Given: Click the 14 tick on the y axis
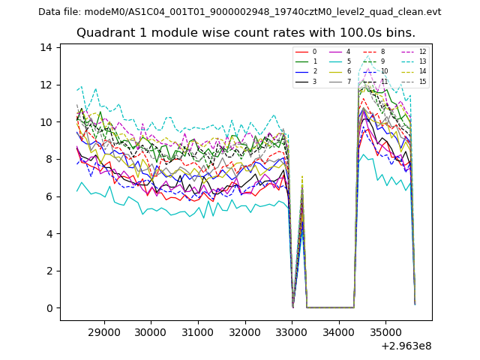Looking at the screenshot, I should [x=46, y=47].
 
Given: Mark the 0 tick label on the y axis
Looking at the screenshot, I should [x=49, y=308].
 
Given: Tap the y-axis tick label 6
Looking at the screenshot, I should [x=49, y=196].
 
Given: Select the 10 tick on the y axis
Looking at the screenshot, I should [x=46, y=122].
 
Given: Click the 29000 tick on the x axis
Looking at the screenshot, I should [x=103, y=331].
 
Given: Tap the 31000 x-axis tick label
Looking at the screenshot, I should [x=197, y=331].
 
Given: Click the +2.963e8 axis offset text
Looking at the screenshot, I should [x=406, y=346].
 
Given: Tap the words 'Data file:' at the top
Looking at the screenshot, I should [x=61, y=12].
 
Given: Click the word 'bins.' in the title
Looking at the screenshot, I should [x=400, y=33].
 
